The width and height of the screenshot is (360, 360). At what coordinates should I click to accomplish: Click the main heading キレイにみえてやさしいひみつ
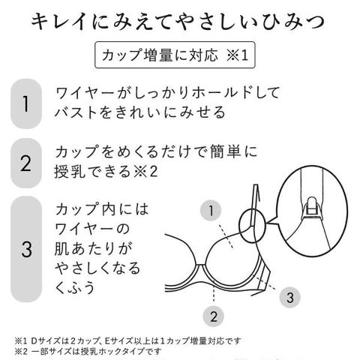coord(178,22)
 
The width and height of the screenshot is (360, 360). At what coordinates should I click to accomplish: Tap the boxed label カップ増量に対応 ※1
coord(175,55)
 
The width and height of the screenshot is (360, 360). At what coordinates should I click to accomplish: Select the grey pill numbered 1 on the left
coord(26,103)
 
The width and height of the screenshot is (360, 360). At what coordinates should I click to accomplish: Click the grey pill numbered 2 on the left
coord(26,163)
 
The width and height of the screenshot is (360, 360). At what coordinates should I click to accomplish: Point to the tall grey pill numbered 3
coord(26,249)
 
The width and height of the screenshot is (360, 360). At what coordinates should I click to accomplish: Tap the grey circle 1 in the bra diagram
coord(211,211)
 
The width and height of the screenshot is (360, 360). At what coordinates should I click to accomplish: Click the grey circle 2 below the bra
coord(213,316)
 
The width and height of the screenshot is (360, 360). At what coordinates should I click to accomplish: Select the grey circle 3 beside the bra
coord(290,298)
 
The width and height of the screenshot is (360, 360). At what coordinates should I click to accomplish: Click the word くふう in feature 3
coord(75,287)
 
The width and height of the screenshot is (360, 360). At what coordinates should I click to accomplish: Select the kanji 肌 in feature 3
coord(61,248)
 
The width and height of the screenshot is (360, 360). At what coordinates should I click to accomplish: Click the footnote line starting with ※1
coord(127,340)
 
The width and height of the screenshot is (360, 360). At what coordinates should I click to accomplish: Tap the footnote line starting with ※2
coord(88,351)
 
